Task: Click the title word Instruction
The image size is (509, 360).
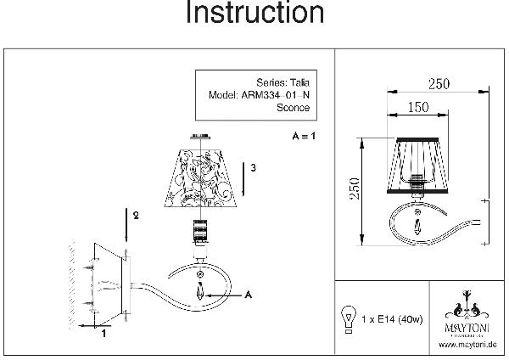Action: pos(254,14)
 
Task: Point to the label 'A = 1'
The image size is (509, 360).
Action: pos(303,136)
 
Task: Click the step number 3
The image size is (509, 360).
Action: pos(253,168)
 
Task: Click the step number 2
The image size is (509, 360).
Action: pos(136,217)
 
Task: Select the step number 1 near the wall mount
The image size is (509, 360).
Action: pos(103,334)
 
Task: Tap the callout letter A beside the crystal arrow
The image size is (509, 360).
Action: pos(249,295)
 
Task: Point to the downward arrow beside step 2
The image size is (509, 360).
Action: pos(126,225)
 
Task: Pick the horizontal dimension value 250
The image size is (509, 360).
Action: pos(439,83)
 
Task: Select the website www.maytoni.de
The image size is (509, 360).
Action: pos(467,346)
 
